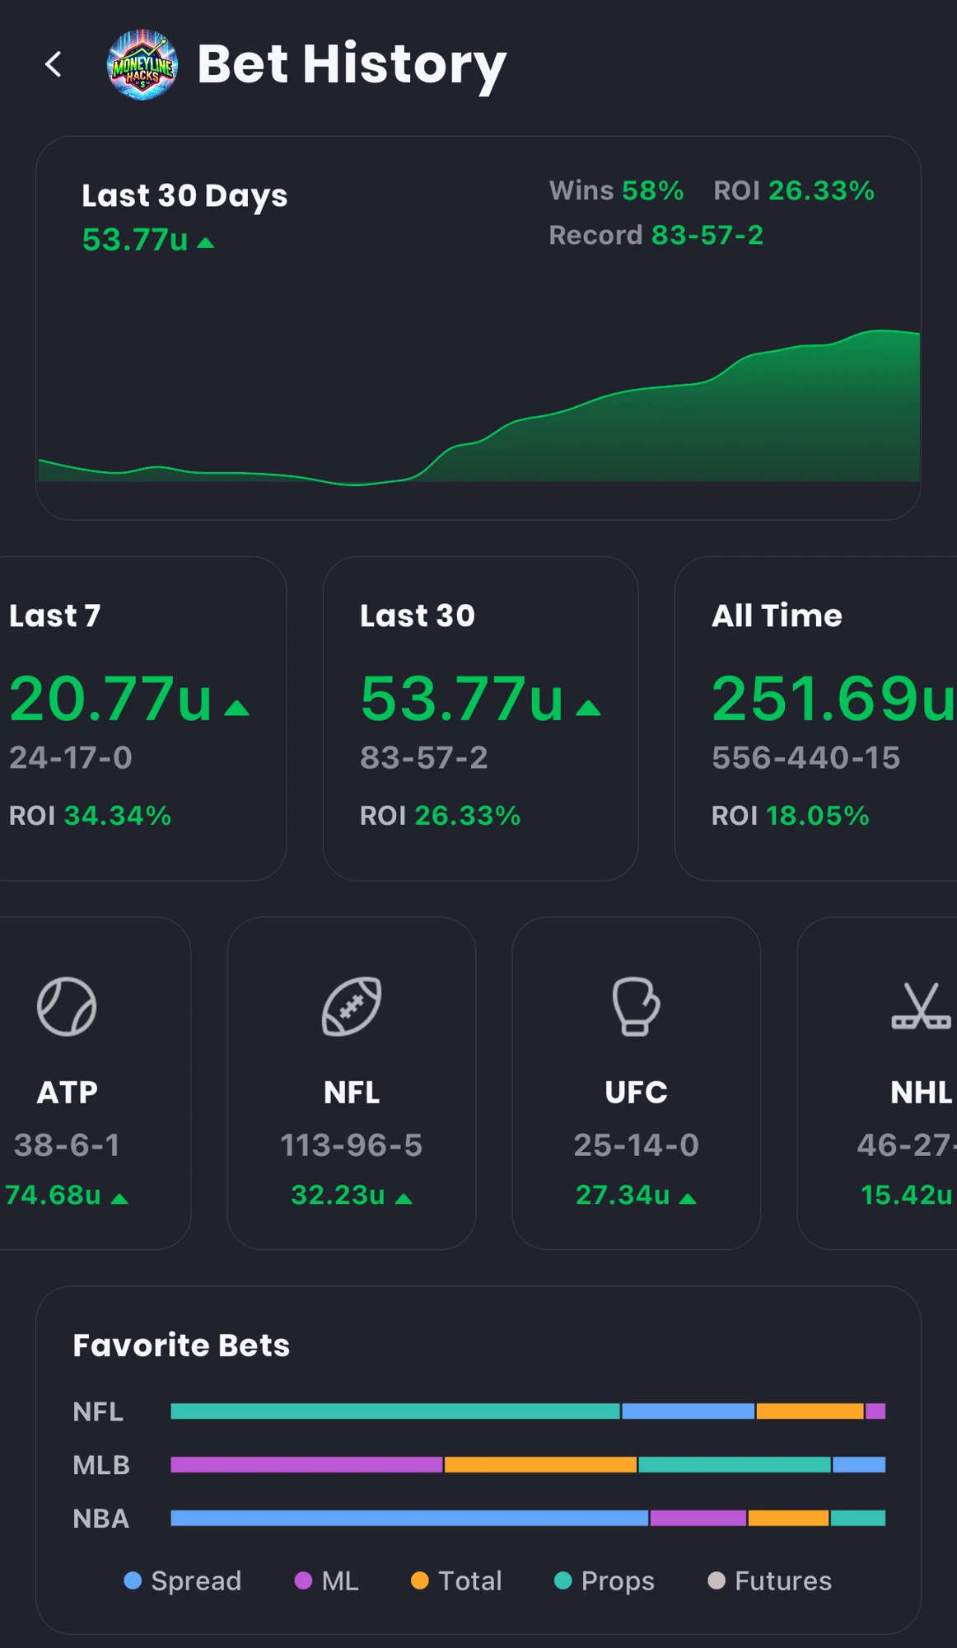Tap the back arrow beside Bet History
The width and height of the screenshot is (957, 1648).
click(54, 64)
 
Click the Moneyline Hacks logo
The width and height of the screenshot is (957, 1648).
click(142, 64)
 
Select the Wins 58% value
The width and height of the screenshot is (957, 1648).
click(653, 191)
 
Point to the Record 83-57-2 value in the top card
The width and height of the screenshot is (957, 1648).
click(707, 236)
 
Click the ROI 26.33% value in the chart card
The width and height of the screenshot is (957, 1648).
click(821, 191)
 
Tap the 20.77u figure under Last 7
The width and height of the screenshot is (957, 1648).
click(111, 699)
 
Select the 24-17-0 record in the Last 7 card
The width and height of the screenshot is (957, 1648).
click(71, 757)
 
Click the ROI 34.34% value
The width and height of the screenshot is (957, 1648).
click(118, 816)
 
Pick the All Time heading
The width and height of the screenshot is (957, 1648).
click(777, 616)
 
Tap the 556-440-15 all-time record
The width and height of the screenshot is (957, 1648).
click(806, 757)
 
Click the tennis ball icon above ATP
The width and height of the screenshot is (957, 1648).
click(67, 1006)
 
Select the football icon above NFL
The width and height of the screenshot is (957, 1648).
click(352, 1006)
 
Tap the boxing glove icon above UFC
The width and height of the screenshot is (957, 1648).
click(636, 1006)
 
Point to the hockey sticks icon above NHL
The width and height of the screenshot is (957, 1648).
click(922, 1006)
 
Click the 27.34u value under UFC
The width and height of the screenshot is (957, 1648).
click(623, 1195)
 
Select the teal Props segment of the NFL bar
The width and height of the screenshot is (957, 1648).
click(395, 1412)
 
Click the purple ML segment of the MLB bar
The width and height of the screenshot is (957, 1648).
click(306, 1465)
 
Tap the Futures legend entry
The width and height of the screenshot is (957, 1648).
click(770, 1581)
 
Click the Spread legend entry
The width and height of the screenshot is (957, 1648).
click(183, 1581)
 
